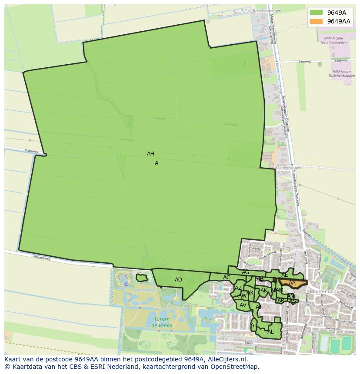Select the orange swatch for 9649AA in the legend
click(x=316, y=21)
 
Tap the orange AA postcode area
click(x=292, y=283)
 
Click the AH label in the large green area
click(x=150, y=154)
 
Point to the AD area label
click(x=178, y=280)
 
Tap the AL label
click(x=270, y=331)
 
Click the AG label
click(x=246, y=272)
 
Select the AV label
click(x=243, y=305)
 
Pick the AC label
click(x=227, y=278)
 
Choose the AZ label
click(x=238, y=288)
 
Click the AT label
click(x=254, y=324)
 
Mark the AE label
click(x=285, y=275)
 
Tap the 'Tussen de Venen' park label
click(x=162, y=322)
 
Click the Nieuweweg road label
click(x=42, y=258)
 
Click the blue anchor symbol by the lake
click(x=126, y=284)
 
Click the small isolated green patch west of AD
click(x=141, y=277)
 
